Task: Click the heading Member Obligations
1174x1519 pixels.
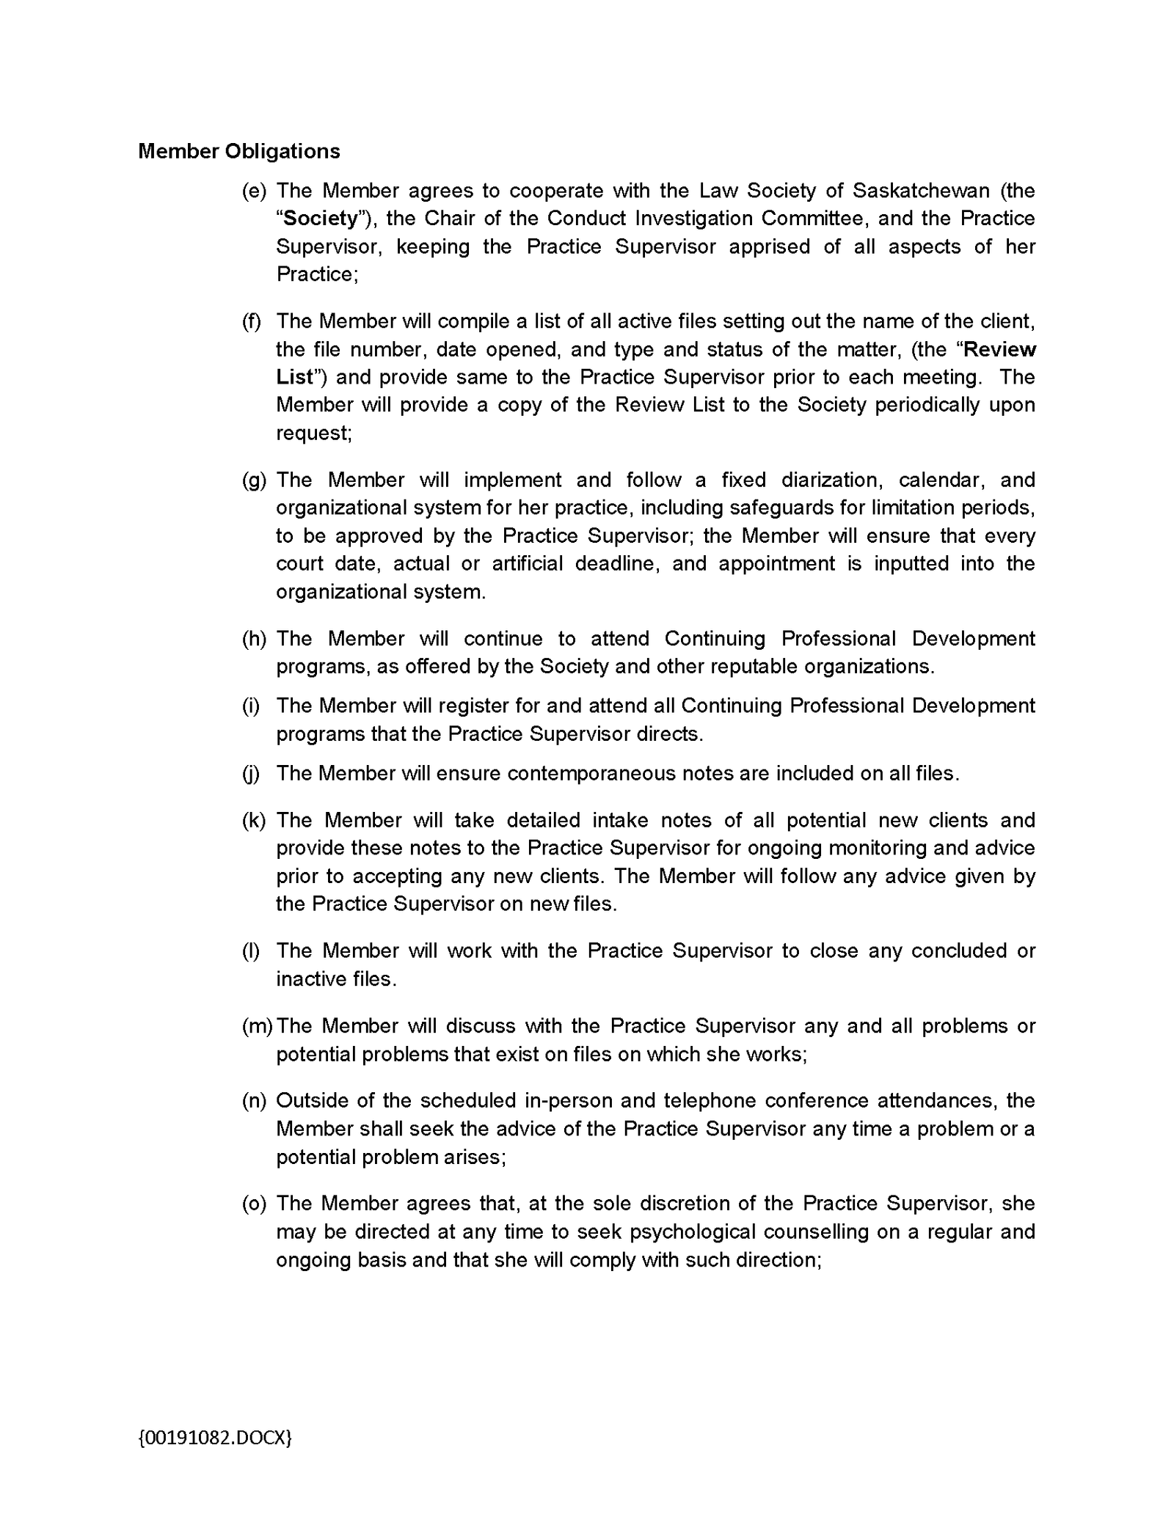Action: click(x=239, y=151)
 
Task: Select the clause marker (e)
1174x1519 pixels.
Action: click(x=254, y=191)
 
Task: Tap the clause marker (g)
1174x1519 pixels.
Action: click(x=254, y=480)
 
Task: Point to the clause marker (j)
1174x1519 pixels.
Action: click(x=251, y=774)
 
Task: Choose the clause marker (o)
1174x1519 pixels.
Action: click(x=254, y=1204)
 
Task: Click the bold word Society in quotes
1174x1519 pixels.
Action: click(x=321, y=219)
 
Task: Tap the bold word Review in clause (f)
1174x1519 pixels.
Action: click(x=999, y=349)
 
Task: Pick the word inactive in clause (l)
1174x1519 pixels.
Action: click(x=307, y=979)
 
